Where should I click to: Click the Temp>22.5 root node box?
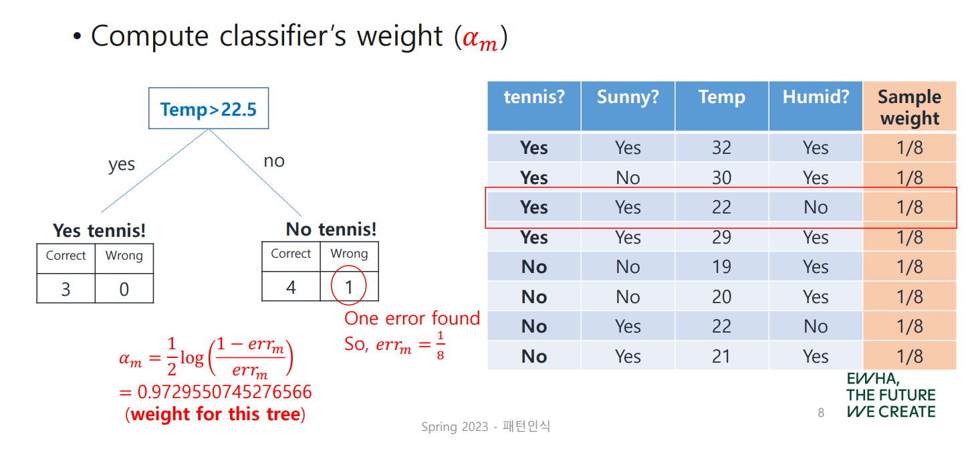tap(209, 108)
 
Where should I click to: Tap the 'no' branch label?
tap(274, 161)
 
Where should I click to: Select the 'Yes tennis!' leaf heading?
tap(99, 231)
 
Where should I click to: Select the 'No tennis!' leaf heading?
tap(331, 230)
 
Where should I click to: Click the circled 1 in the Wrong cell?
tap(348, 286)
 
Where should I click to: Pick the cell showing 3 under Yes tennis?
tap(66, 289)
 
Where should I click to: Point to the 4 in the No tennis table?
tap(291, 286)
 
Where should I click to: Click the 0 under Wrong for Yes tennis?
tap(124, 289)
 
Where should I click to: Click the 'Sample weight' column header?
tap(910, 107)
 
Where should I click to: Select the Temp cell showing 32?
tap(721, 148)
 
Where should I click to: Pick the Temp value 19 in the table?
tap(721, 266)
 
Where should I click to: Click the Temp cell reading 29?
tap(721, 237)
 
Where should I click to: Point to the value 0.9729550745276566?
tap(225, 391)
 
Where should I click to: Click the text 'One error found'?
tap(412, 319)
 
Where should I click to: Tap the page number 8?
tap(821, 412)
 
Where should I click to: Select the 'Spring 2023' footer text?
tap(455, 427)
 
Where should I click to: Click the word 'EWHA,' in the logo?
tap(873, 379)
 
